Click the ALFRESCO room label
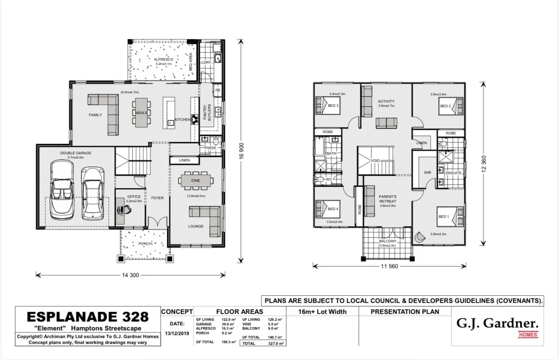tap(163, 60)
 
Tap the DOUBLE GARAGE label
tap(75, 153)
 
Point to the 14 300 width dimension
tap(130, 275)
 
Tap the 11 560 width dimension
tap(389, 266)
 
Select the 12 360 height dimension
tap(484, 163)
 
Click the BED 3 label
tap(333, 105)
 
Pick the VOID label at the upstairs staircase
tap(375, 161)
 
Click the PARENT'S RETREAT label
tap(387, 199)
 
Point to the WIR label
tap(427, 173)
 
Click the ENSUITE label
tap(454, 173)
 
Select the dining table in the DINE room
tap(195, 181)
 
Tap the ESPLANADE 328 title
tap(88, 317)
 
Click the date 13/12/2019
tap(177, 333)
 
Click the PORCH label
tap(145, 244)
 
